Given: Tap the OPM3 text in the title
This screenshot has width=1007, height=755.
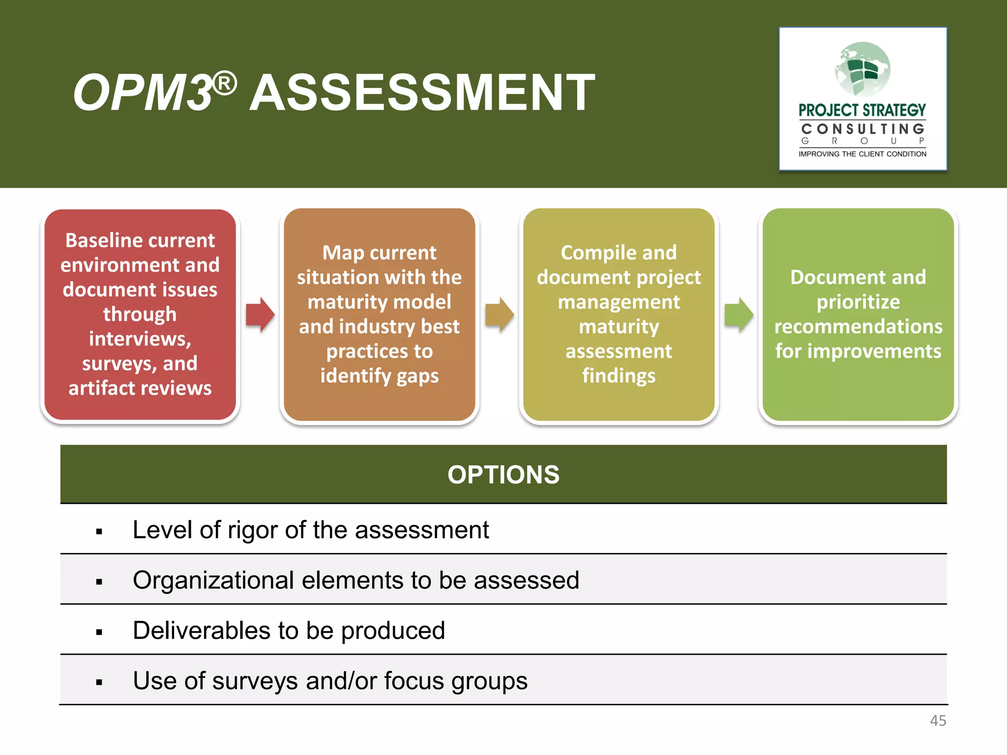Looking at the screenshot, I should coord(143,93).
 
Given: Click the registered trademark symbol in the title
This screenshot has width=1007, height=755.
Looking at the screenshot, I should coord(225,84).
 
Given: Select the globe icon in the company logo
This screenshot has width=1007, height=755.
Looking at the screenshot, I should coord(862,69).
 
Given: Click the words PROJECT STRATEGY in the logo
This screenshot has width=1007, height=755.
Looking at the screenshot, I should coord(862,110).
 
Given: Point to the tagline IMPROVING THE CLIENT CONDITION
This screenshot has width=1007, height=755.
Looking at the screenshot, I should coord(862,154).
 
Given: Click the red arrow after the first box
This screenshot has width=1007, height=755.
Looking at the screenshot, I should coord(260,315).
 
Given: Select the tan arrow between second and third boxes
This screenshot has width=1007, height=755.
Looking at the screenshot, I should coord(499,315).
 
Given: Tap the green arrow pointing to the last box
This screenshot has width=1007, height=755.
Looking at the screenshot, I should coord(739,315).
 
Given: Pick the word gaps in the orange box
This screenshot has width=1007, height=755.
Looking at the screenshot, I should coord(417,376).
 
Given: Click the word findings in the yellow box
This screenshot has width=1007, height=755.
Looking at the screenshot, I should coord(619,376).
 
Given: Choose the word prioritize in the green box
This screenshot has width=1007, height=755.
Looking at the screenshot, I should coord(858,302).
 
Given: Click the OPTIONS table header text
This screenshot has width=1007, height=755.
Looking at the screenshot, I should coord(503,475).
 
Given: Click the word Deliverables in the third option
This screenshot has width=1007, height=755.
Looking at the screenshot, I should coord(201,631).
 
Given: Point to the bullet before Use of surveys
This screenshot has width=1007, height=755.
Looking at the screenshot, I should coord(99,682).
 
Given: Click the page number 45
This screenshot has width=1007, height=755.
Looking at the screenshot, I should coord(938,721).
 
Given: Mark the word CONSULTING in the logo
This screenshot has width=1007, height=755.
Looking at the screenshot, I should coord(862,129).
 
